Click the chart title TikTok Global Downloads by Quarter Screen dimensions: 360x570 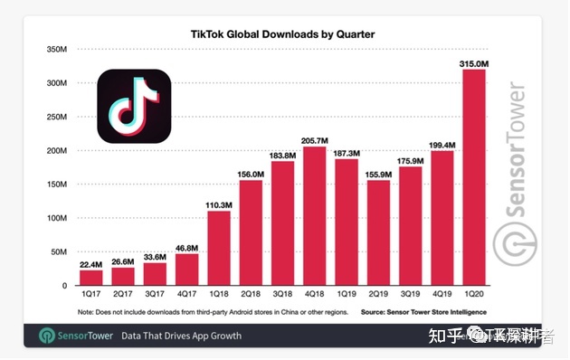[x=282, y=33]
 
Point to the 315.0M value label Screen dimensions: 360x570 [x=475, y=63]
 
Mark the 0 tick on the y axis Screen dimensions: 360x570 [x=65, y=285]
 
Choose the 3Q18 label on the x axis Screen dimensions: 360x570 [x=283, y=295]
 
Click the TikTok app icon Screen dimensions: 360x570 [x=134, y=106]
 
